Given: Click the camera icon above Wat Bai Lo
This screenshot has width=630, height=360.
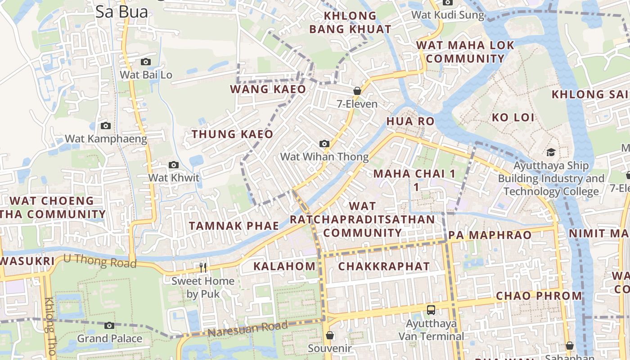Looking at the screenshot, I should coord(146,62).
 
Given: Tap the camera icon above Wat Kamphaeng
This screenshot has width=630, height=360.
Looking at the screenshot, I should coord(106,126).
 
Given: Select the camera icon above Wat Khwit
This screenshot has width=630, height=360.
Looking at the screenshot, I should coord(174,165).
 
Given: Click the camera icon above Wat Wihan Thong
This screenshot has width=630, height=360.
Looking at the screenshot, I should coord(324,144).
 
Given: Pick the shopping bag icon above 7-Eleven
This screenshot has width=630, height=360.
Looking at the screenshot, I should coord(357,91).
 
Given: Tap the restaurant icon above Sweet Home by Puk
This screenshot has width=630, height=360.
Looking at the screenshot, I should coord(203,268).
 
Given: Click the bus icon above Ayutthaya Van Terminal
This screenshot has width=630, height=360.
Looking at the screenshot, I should coord(431,310).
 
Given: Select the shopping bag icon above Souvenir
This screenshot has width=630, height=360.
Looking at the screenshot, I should coord(330,335).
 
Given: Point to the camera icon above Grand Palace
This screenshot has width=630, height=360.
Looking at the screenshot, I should coord(109,325).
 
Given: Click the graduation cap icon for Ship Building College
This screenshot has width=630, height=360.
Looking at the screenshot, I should coord(551,153).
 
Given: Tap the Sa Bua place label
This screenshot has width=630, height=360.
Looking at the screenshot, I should coord(121,12).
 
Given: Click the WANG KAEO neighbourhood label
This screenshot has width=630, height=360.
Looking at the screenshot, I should coord(268,89).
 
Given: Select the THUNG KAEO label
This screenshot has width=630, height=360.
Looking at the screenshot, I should coord(232,134).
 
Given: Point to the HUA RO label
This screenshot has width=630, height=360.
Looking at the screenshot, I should coord(410,121).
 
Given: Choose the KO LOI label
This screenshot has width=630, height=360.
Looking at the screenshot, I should coord(513,118).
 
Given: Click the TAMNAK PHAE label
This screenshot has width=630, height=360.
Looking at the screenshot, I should coord(234,226).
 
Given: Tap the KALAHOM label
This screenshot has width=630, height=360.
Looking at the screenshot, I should coord(284,266).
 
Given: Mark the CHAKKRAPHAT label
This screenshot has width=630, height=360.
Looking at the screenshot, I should coord(384,266).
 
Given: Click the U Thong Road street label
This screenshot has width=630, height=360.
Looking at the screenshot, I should coord(99,261).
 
